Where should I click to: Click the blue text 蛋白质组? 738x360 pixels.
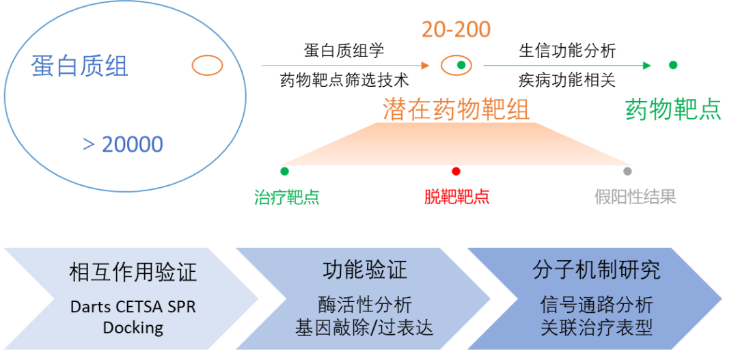[x=79, y=66]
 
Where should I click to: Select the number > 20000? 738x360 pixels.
[x=123, y=144]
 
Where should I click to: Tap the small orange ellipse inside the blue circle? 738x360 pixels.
[x=207, y=66]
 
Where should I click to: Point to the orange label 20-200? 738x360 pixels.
[x=456, y=29]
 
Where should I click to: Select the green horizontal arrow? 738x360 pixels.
[x=567, y=66]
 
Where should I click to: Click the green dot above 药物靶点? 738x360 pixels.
[x=673, y=65]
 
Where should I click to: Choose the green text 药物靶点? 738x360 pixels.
[x=673, y=109]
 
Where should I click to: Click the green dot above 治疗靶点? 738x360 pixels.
[x=284, y=171]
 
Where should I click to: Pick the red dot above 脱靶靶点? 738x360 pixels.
[x=456, y=171]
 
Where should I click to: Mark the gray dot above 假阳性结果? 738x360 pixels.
[x=627, y=171]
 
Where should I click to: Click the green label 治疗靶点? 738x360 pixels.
[x=287, y=197]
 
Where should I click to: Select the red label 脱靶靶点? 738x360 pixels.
[x=457, y=197]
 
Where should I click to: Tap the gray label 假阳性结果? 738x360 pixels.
[x=635, y=197]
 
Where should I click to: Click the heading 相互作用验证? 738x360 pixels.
[x=133, y=273]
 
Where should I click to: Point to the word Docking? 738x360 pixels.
[x=133, y=327]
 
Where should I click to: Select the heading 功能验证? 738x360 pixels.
[x=364, y=270]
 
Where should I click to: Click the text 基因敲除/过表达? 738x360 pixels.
[x=364, y=327]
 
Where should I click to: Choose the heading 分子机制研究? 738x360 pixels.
[x=596, y=270]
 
